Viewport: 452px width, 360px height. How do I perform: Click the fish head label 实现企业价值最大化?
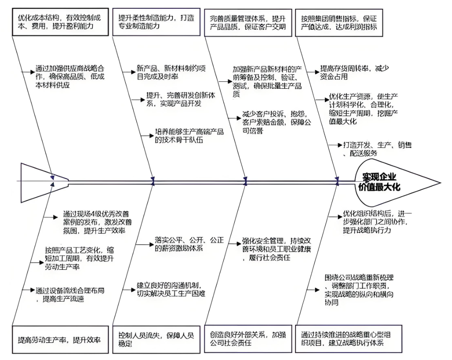pyautogui.click(x=381, y=181)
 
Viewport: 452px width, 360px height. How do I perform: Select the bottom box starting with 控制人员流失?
pyautogui.click(x=156, y=339)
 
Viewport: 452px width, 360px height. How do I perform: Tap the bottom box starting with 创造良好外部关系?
pyautogui.click(x=248, y=339)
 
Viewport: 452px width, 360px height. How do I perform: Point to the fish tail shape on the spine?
pyautogui.click(x=43, y=182)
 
